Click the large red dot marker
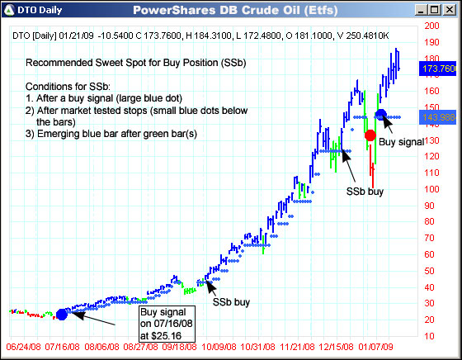tap(370, 135)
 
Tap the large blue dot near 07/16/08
tap(62, 314)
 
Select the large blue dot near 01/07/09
tap(380, 115)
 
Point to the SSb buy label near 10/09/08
tap(232, 301)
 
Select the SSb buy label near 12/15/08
tap(364, 191)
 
